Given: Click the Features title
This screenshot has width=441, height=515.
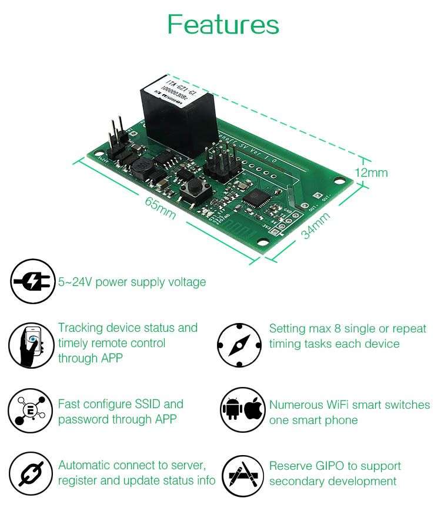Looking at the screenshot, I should tap(223, 25).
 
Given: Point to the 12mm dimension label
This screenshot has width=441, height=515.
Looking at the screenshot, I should tap(371, 173).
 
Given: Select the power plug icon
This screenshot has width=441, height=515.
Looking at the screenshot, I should tap(32, 282).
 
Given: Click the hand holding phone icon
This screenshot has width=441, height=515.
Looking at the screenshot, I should tap(31, 345).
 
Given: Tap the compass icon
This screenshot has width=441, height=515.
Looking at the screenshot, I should tap(239, 345).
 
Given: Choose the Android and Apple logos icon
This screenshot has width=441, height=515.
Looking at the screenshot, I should tap(243, 409).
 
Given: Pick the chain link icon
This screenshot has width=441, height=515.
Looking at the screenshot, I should tap(31, 473).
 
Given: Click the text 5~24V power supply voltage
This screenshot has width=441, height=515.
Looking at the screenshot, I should tap(132, 282).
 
